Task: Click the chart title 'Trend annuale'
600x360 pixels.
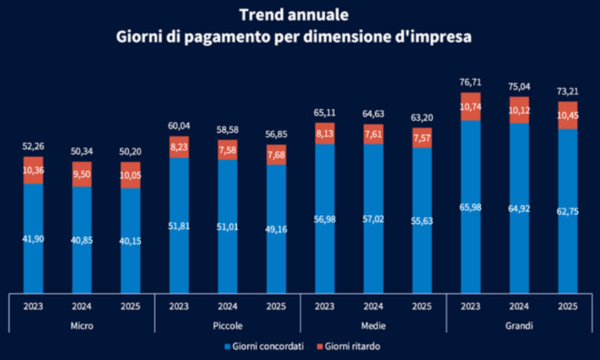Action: [x=294, y=14]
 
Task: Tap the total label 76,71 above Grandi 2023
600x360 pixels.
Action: [x=470, y=82]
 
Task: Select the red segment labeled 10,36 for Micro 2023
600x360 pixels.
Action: [x=33, y=170]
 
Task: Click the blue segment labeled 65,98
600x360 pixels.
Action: [x=470, y=207]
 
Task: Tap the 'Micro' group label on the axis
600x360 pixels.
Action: [x=82, y=326]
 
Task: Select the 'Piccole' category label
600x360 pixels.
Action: [x=227, y=326]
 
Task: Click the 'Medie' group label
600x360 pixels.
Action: [x=373, y=326]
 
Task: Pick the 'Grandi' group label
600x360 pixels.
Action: [x=519, y=326]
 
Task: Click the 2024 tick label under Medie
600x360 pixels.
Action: [x=373, y=307]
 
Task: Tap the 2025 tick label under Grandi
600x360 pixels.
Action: [x=567, y=307]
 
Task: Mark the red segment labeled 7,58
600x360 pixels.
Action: [x=227, y=149]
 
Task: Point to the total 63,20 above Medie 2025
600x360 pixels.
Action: [x=421, y=118]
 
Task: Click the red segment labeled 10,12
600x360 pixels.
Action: [x=519, y=110]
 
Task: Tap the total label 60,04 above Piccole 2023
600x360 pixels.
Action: [x=179, y=127]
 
